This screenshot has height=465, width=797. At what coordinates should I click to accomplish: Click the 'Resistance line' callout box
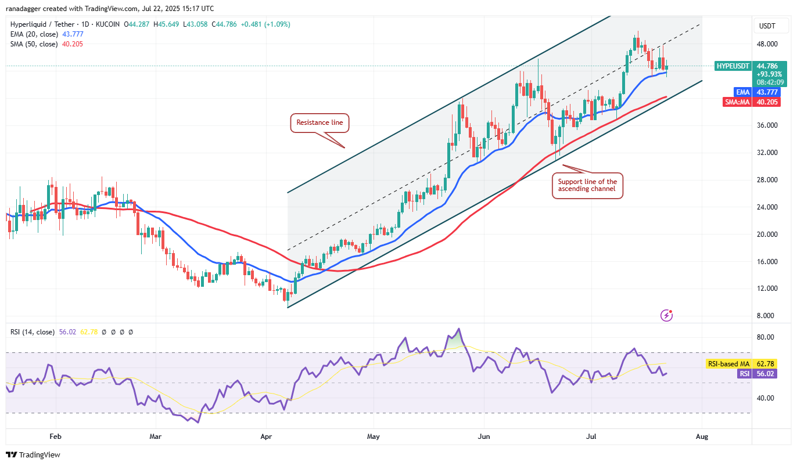coord(319,122)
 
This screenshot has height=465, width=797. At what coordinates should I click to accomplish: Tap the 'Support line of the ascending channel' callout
coord(587,185)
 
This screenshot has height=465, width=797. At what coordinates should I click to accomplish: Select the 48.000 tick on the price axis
coord(767,44)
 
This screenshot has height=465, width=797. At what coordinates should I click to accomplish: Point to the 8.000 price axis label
coord(767,316)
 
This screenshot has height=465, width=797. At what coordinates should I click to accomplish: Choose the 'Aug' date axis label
coord(702,435)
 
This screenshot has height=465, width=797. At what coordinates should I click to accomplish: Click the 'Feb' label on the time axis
coord(55,435)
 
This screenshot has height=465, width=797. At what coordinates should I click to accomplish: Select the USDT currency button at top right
coord(767,26)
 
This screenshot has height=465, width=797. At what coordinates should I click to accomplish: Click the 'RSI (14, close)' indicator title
coord(33,332)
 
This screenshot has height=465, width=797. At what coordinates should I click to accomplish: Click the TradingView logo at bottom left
coord(33,455)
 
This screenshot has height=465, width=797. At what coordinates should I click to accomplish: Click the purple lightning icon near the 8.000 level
coord(667,315)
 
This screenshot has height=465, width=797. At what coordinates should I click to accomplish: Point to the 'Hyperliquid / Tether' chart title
coord(44,24)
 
